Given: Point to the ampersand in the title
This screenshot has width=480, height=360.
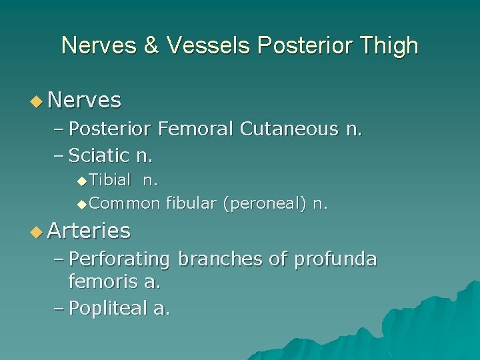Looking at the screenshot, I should tap(149, 45).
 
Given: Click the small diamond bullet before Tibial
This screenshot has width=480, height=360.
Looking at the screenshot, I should tap(81, 181).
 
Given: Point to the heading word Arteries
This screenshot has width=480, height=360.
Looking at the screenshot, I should tap(89, 231).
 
